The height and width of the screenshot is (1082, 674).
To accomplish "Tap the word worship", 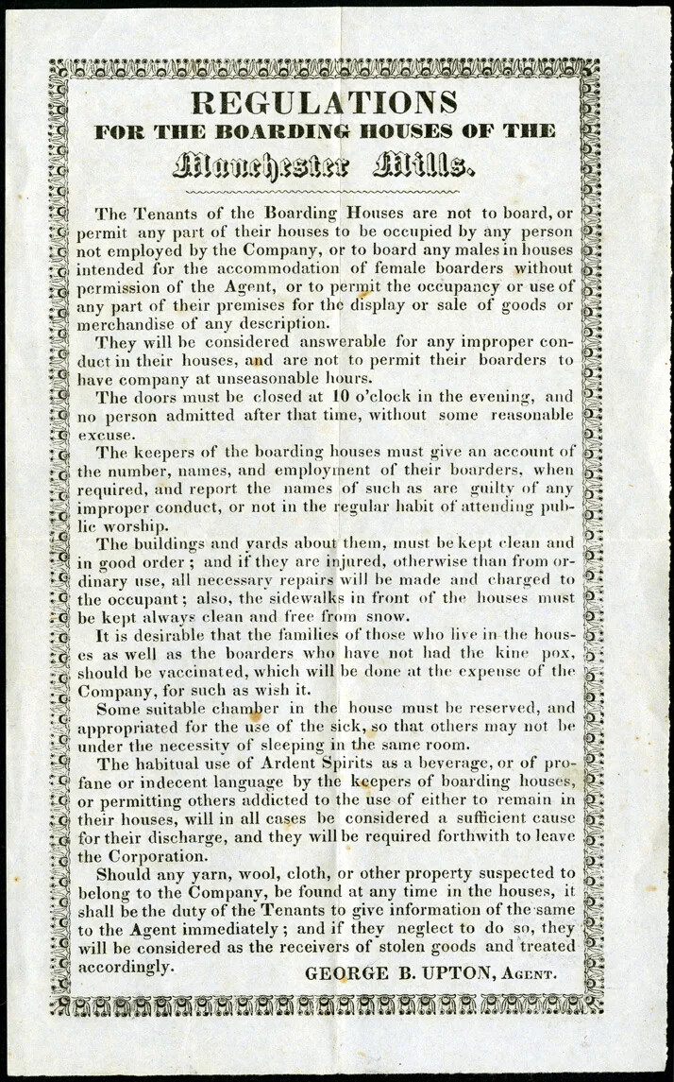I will (x=135, y=525).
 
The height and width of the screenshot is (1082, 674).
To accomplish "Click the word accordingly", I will (x=126, y=968).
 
